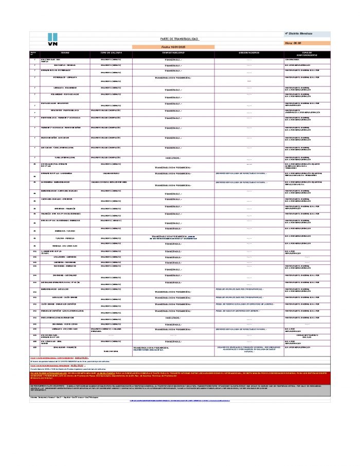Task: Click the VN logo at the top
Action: [52, 40]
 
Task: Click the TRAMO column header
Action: [65, 53]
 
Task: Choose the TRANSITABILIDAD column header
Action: [173, 53]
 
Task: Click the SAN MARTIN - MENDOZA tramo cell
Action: [65, 65]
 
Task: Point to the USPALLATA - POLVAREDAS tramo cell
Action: [65, 87]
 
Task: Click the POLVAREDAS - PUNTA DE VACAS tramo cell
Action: [65, 95]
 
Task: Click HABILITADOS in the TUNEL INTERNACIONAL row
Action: [173, 158]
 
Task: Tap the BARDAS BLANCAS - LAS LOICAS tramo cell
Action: [65, 290]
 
